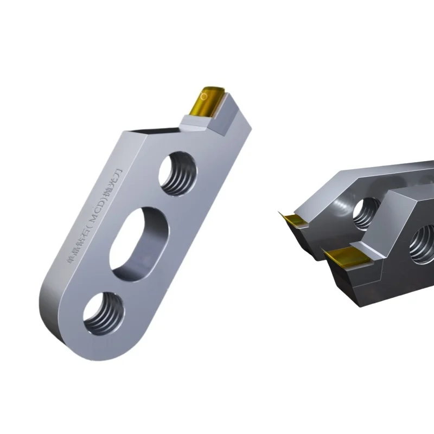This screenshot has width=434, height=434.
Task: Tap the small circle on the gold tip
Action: pos(203,97)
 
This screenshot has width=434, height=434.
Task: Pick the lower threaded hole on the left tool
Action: pos(103,313)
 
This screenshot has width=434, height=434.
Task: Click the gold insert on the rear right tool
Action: pos(295,220)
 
